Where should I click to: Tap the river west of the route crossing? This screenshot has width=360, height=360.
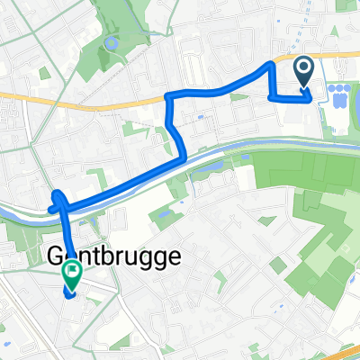click(x=22, y=213)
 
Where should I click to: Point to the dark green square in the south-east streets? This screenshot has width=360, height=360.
click(x=278, y=265)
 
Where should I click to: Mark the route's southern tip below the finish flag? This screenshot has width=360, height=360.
click(x=70, y=294)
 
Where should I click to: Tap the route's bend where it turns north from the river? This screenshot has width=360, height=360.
click(x=184, y=157)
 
